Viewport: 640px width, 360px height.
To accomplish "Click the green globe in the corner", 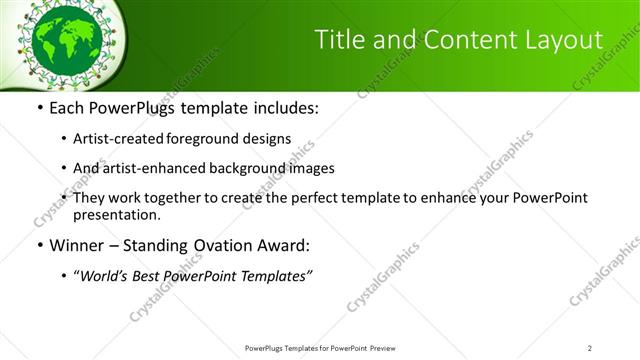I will point(68,41).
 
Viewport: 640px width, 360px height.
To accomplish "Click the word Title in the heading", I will point(340,40).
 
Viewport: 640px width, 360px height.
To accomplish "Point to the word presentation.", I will point(117,214).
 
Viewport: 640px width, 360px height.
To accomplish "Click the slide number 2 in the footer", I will point(589,347).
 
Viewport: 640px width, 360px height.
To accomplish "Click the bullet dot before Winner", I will point(39,245).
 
